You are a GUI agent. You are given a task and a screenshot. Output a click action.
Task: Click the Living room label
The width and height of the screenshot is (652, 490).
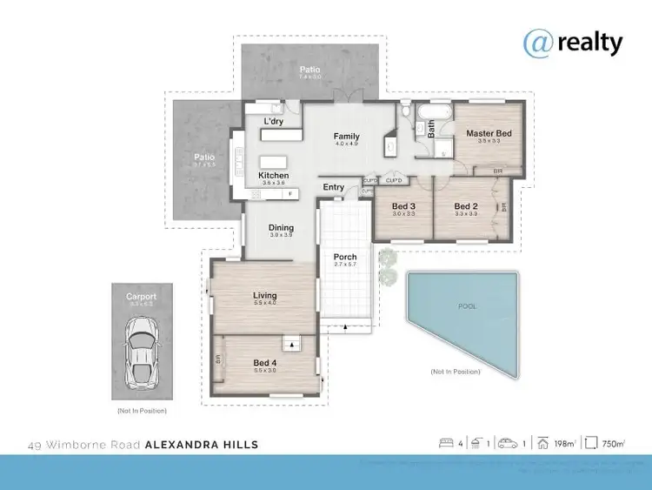(264, 296)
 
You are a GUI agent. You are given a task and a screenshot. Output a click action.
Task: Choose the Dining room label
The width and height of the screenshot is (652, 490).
(281, 228)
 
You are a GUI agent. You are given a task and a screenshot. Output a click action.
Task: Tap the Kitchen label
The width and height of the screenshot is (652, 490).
(273, 176)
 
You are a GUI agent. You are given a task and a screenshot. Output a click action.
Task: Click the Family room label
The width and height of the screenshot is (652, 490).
(347, 136)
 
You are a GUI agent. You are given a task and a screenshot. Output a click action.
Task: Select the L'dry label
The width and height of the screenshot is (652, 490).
(274, 121)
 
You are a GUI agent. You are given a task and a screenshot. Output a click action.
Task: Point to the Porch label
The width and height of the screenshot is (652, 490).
(345, 257)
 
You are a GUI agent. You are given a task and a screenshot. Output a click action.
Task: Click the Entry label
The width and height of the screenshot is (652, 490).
(334, 187)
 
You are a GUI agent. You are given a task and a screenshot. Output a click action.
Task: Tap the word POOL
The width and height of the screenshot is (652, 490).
(468, 306)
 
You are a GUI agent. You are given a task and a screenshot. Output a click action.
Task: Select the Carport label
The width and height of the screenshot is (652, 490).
(140, 297)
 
